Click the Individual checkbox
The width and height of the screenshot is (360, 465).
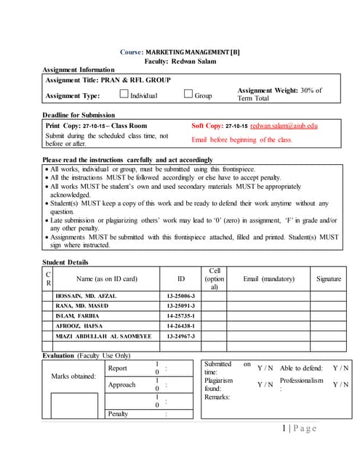(123, 94)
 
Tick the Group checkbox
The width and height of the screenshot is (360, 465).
(188, 94)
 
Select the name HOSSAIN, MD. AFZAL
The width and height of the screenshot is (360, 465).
(85, 296)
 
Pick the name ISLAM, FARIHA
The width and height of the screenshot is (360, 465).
(79, 316)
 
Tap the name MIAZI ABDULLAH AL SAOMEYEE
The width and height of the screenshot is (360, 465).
(103, 336)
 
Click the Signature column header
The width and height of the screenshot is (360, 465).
(329, 278)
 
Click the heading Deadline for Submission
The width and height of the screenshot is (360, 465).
(79, 115)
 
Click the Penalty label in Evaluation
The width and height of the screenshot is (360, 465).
(118, 413)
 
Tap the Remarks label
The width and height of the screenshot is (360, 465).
(217, 397)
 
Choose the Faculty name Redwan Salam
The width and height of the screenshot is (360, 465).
(192, 61)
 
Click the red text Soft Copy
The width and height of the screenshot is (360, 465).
(207, 126)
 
